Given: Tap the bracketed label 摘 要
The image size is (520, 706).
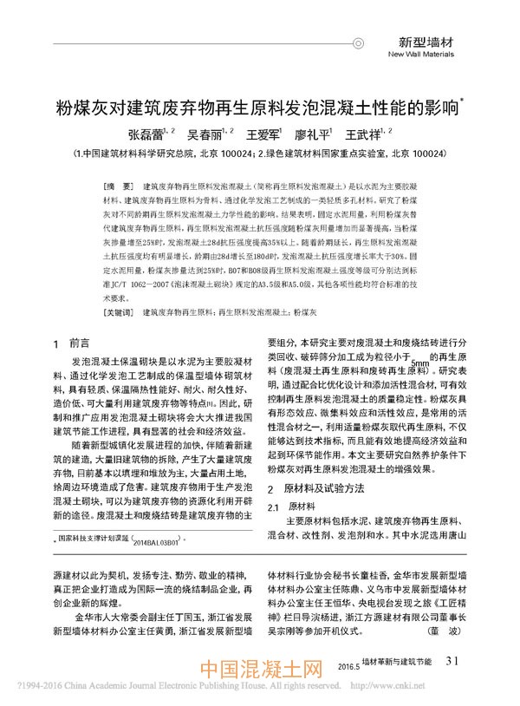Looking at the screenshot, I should pos(116,187).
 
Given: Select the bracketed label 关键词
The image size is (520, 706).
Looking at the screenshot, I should pos(120,311).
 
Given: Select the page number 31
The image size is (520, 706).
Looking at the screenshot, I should pos(451,662).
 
